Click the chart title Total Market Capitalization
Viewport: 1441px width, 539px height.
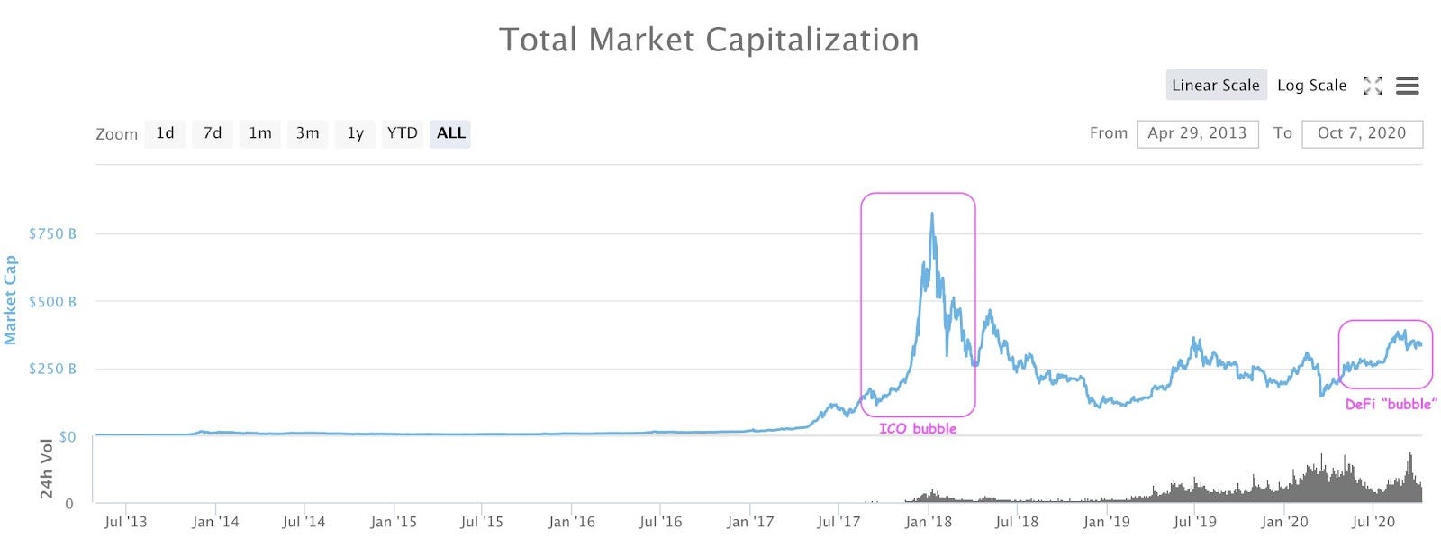click(x=709, y=41)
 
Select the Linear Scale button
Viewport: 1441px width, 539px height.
click(x=1215, y=86)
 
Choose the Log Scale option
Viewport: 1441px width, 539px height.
click(x=1311, y=86)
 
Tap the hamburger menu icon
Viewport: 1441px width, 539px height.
click(x=1407, y=86)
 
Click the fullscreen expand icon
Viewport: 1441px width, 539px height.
click(x=1372, y=86)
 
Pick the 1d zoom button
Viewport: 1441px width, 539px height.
click(x=165, y=133)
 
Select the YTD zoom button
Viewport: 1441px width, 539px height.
click(x=402, y=133)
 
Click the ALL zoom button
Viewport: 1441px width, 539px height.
click(x=450, y=133)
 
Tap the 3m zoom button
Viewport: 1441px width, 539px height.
click(x=307, y=133)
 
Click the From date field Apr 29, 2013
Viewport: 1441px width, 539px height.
click(x=1197, y=133)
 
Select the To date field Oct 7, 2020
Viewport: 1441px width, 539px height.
click(x=1361, y=133)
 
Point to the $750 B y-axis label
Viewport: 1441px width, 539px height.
click(x=52, y=233)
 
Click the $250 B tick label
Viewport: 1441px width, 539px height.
click(x=52, y=369)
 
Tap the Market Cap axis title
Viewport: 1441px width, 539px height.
click(x=11, y=300)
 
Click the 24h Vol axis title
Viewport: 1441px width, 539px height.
click(x=47, y=469)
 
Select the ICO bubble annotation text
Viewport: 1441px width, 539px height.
click(x=918, y=429)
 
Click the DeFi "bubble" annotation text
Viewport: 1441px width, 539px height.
click(x=1391, y=405)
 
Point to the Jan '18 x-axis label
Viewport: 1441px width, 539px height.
click(x=928, y=522)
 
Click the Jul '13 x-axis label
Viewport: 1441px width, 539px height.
click(x=125, y=522)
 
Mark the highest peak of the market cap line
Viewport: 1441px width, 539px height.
click(x=931, y=215)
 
